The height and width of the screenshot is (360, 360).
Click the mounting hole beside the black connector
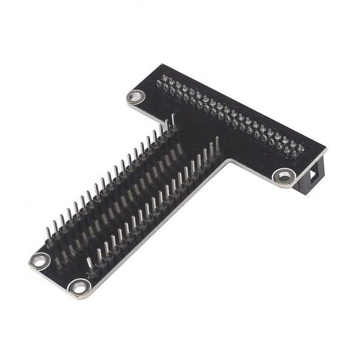283,176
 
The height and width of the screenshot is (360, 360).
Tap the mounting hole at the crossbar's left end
136,96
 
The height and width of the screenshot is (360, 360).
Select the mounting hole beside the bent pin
79,287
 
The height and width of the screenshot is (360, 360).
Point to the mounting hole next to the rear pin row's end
40,261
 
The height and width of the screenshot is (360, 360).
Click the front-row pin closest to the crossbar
217,146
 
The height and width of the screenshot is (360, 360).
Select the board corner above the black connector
327,148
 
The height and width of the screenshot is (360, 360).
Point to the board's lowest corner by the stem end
76,298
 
